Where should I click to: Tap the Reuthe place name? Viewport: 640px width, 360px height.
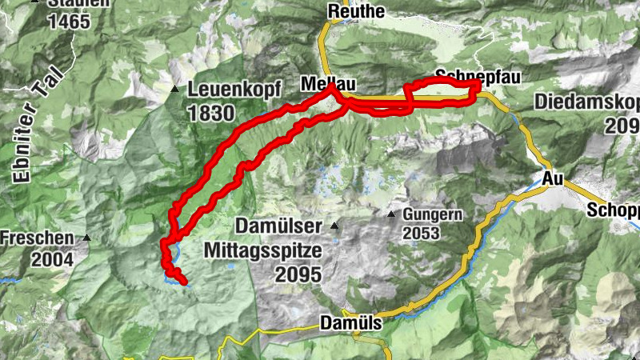click(x=356, y=11)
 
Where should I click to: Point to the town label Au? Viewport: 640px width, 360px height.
click(x=552, y=178)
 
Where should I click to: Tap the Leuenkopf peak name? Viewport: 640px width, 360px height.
click(x=227, y=90)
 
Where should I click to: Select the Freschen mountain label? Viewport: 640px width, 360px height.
click(x=38, y=238)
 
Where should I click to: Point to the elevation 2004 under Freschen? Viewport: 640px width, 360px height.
click(x=53, y=259)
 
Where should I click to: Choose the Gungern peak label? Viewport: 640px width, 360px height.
click(x=433, y=215)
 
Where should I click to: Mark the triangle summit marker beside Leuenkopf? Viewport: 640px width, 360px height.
click(x=174, y=89)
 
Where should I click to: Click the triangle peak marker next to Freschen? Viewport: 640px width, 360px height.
click(x=86, y=238)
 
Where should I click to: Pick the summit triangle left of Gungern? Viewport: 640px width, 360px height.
click(x=391, y=215)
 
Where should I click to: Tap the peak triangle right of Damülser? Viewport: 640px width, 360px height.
click(x=334, y=226)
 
